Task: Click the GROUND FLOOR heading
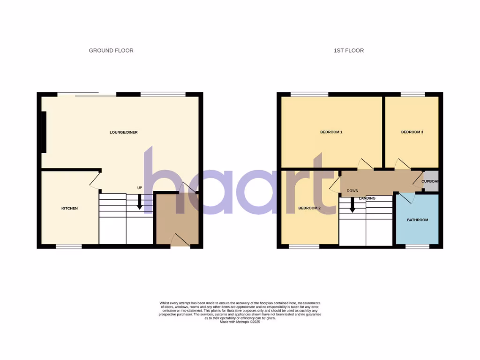111,51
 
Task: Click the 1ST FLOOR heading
348,51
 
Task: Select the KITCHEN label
69,208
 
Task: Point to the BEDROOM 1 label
331,132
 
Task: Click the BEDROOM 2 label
309,208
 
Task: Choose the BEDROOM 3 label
412,132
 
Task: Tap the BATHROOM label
417,220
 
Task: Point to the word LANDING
367,198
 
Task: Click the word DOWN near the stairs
352,191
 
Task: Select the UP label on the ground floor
139,188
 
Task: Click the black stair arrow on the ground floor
139,202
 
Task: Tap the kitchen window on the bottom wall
69,246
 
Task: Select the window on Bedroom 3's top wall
412,94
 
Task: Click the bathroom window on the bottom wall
417,246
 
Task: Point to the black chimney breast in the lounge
44,132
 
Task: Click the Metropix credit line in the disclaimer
240,322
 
